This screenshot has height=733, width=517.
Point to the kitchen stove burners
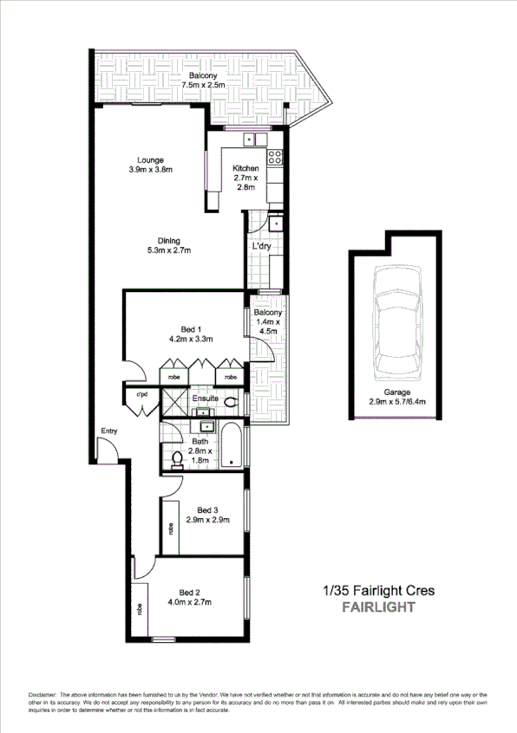pyautogui.click(x=275, y=157)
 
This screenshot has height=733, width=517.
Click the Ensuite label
pyautogui.click(x=205, y=399)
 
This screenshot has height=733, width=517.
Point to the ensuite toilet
pyautogui.click(x=231, y=402)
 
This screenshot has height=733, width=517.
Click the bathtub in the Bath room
pyautogui.click(x=232, y=447)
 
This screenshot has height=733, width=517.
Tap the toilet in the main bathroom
pyautogui.click(x=178, y=458)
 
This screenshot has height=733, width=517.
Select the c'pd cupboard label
pyautogui.click(x=141, y=396)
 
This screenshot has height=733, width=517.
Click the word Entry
pyautogui.click(x=108, y=431)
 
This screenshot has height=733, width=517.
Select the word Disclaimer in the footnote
pyautogui.click(x=43, y=695)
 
